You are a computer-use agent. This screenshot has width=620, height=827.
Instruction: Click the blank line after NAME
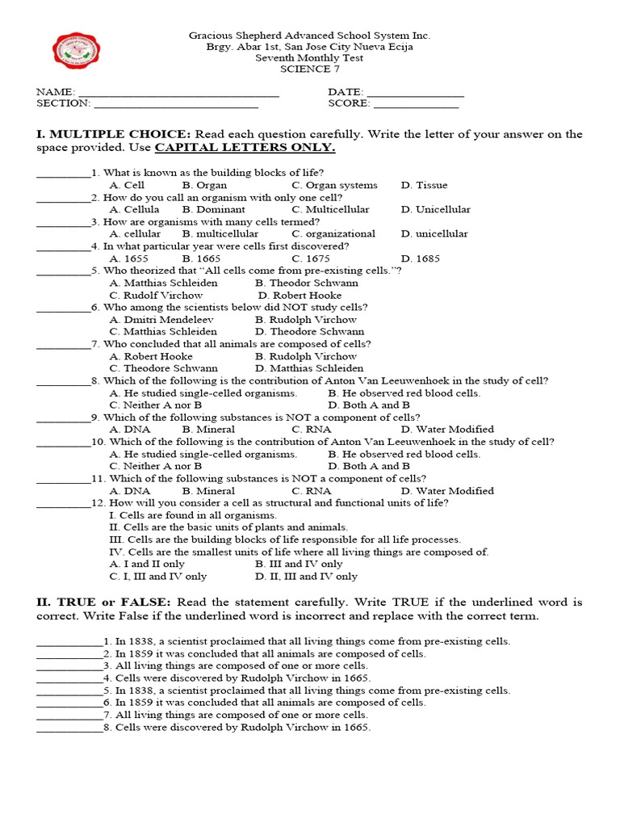pyautogui.click(x=178, y=95)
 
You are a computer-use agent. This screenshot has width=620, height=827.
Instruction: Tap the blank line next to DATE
pyautogui.click(x=416, y=95)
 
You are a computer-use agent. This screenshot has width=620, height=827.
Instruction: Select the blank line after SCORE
pyautogui.click(x=416, y=107)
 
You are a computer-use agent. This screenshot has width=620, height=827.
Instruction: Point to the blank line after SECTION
pyautogui.click(x=176, y=107)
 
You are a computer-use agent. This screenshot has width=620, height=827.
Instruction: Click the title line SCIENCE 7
pyautogui.click(x=309, y=69)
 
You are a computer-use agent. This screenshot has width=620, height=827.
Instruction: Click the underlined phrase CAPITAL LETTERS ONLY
pyautogui.click(x=245, y=149)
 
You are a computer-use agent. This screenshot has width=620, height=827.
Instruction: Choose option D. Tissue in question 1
pyautogui.click(x=424, y=185)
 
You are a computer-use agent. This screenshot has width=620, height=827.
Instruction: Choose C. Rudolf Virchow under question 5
pyautogui.click(x=157, y=295)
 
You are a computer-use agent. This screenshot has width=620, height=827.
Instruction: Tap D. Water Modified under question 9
pyautogui.click(x=447, y=430)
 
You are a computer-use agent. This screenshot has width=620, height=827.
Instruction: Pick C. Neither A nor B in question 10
pyautogui.click(x=156, y=466)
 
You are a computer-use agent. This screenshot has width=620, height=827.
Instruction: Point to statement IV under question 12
pyautogui.click(x=299, y=552)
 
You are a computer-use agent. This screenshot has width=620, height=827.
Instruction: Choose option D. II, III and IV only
pyautogui.click(x=306, y=577)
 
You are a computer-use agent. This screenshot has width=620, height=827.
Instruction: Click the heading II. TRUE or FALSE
pyautogui.click(x=103, y=602)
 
